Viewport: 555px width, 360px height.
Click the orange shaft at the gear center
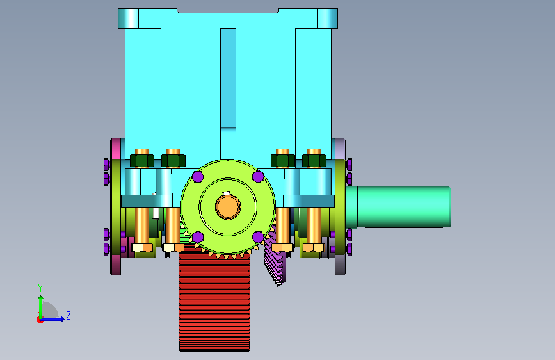coord(228,207)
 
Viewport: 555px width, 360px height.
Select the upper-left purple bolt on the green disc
coord(198,176)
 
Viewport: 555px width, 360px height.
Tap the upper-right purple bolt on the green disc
coord(258,176)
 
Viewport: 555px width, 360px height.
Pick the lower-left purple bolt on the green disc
coord(198,237)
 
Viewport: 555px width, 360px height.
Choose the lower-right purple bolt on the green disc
coord(258,237)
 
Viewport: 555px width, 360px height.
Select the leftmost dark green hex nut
coord(142,161)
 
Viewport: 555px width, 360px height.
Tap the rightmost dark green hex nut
coord(314,161)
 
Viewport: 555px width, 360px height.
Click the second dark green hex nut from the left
coord(173,161)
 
